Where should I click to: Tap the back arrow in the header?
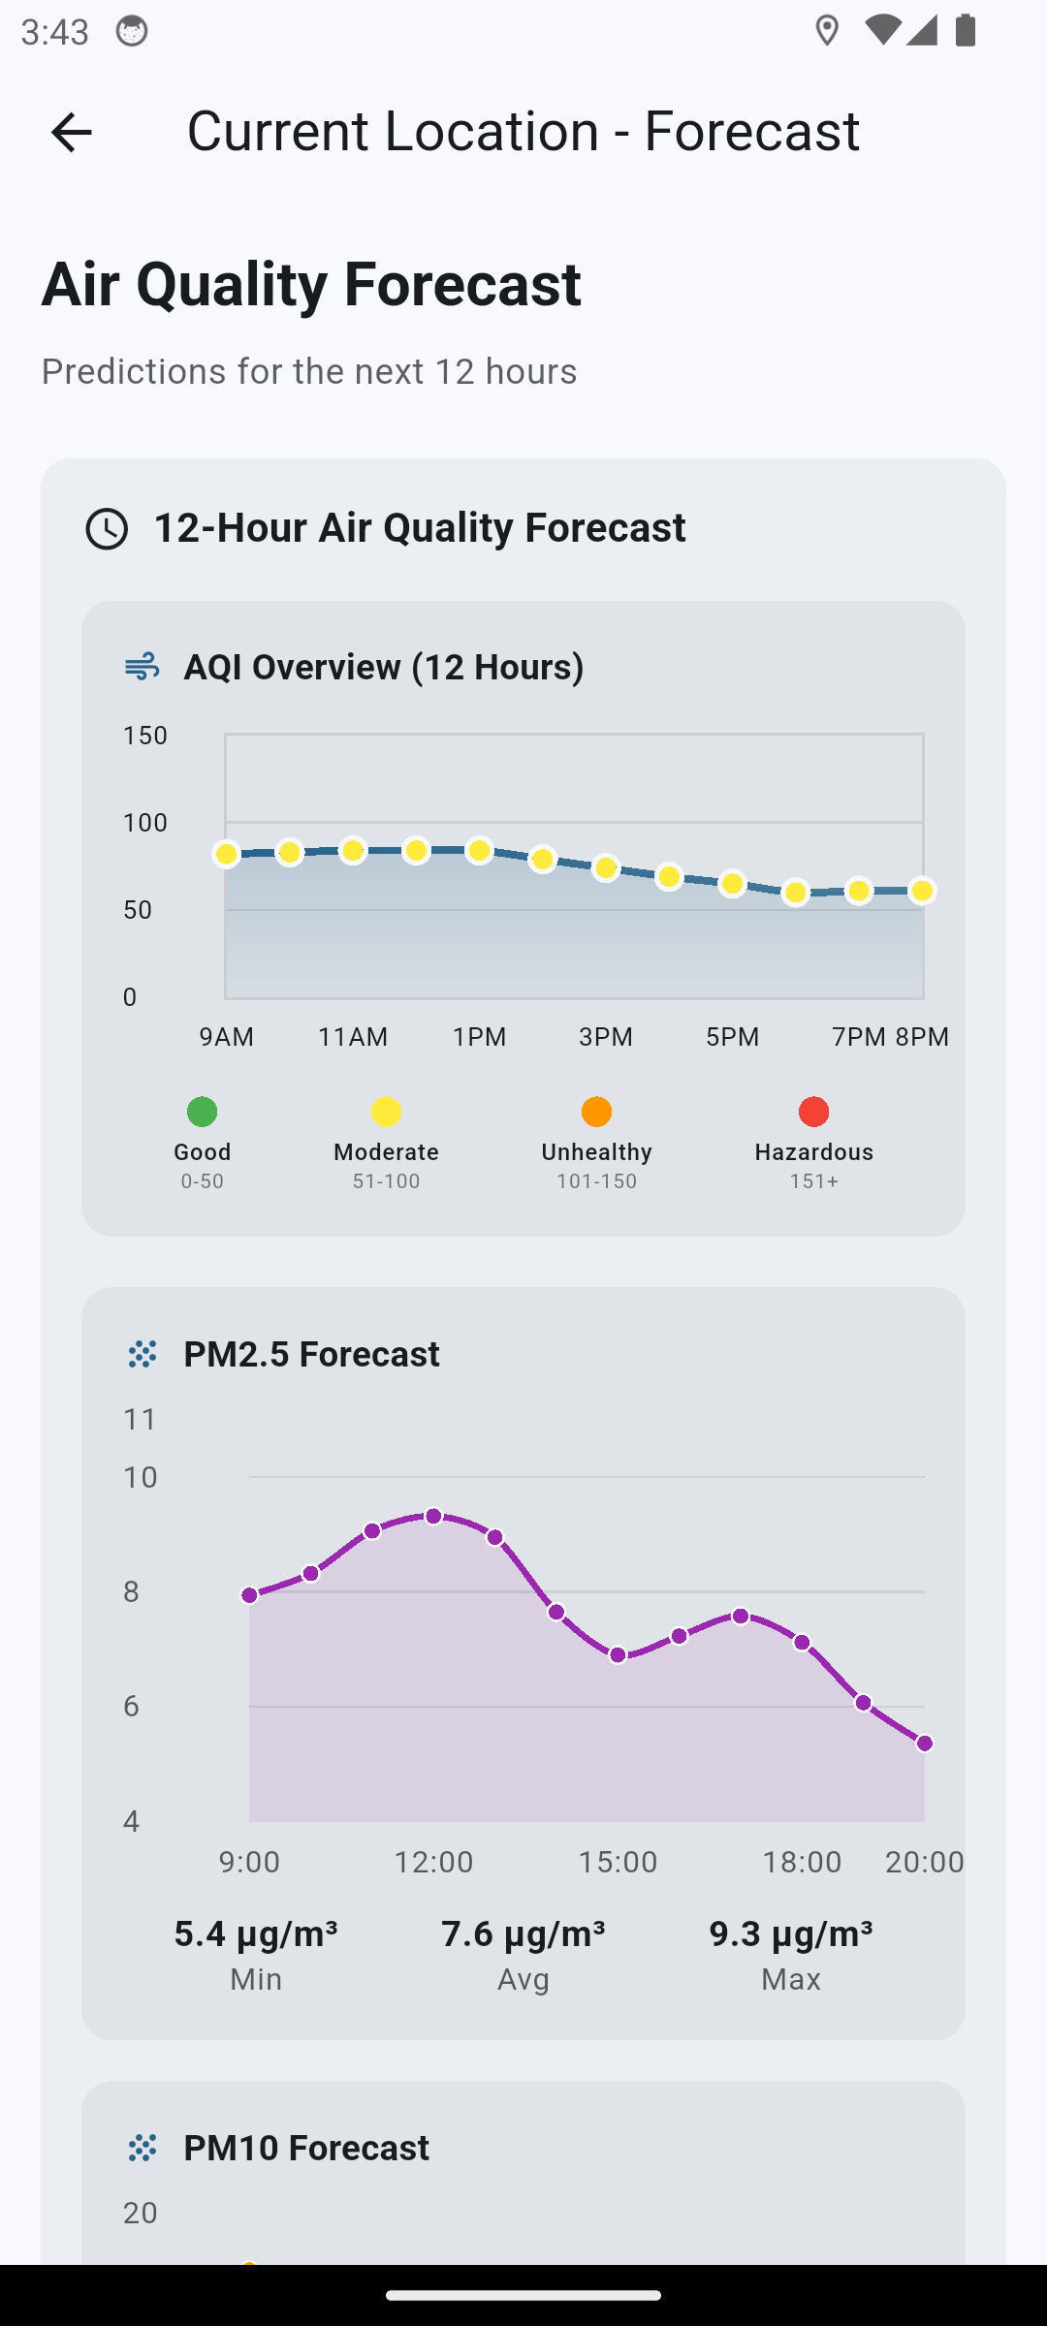pyautogui.click(x=71, y=132)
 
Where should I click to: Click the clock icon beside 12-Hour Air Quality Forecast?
pyautogui.click(x=107, y=529)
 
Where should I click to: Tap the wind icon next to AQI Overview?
pyautogui.click(x=143, y=667)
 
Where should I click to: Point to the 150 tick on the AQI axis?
pyautogui.click(x=145, y=736)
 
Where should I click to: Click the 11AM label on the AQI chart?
pyautogui.click(x=353, y=1037)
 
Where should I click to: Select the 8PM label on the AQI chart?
pyautogui.click(x=922, y=1037)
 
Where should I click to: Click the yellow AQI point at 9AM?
pyautogui.click(x=226, y=854)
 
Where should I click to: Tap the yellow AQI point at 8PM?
pyautogui.click(x=922, y=891)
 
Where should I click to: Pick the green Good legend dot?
pyautogui.click(x=202, y=1112)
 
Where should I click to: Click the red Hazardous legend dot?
pyautogui.click(x=813, y=1112)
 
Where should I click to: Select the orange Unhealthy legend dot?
pyautogui.click(x=596, y=1112)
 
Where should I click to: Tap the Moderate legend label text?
pyautogui.click(x=386, y=1152)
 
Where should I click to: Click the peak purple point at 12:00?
pyautogui.click(x=433, y=1516)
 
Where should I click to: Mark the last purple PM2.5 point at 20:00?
pyautogui.click(x=924, y=1744)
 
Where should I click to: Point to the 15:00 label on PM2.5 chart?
pyautogui.click(x=618, y=1862)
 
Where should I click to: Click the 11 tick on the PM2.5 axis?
pyautogui.click(x=141, y=1420)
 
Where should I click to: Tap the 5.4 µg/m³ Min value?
pyautogui.click(x=256, y=1933)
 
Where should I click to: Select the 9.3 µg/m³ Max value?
pyautogui.click(x=790, y=1933)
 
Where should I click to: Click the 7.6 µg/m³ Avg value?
pyautogui.click(x=523, y=1933)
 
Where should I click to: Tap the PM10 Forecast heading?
pyautogui.click(x=306, y=2149)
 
